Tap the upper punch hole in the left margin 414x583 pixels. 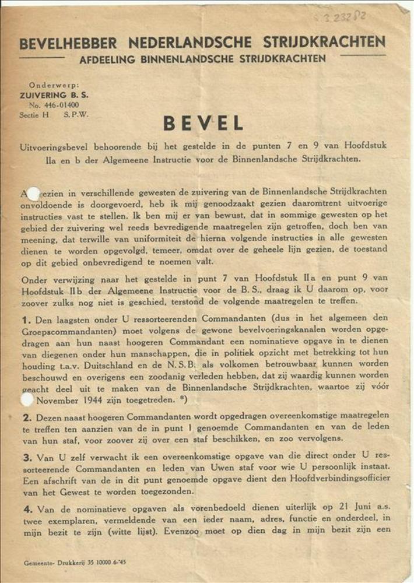pyautogui.click(x=33, y=193)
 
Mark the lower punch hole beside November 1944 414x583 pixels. pyautogui.click(x=27, y=399)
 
